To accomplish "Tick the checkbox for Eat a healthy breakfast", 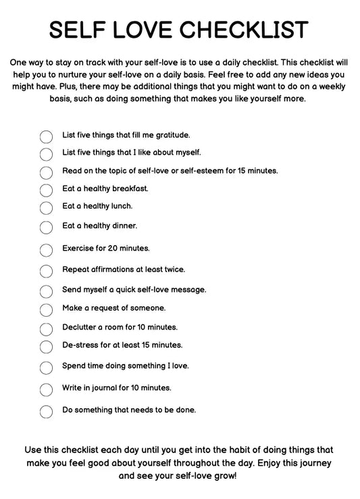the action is click(x=46, y=190).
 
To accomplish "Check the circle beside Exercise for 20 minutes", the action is click(x=46, y=250).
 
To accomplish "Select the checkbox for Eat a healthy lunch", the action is click(x=46, y=208).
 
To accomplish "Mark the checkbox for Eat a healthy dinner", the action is click(x=46, y=228).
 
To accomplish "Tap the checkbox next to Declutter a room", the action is click(x=46, y=329).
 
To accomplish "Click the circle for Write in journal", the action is click(x=46, y=390).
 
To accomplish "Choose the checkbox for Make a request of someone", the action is click(x=46, y=310).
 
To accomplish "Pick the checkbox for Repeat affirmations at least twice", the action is click(x=46, y=271).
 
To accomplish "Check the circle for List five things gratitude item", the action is click(x=46, y=136).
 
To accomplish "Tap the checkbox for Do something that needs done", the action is click(x=46, y=411).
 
